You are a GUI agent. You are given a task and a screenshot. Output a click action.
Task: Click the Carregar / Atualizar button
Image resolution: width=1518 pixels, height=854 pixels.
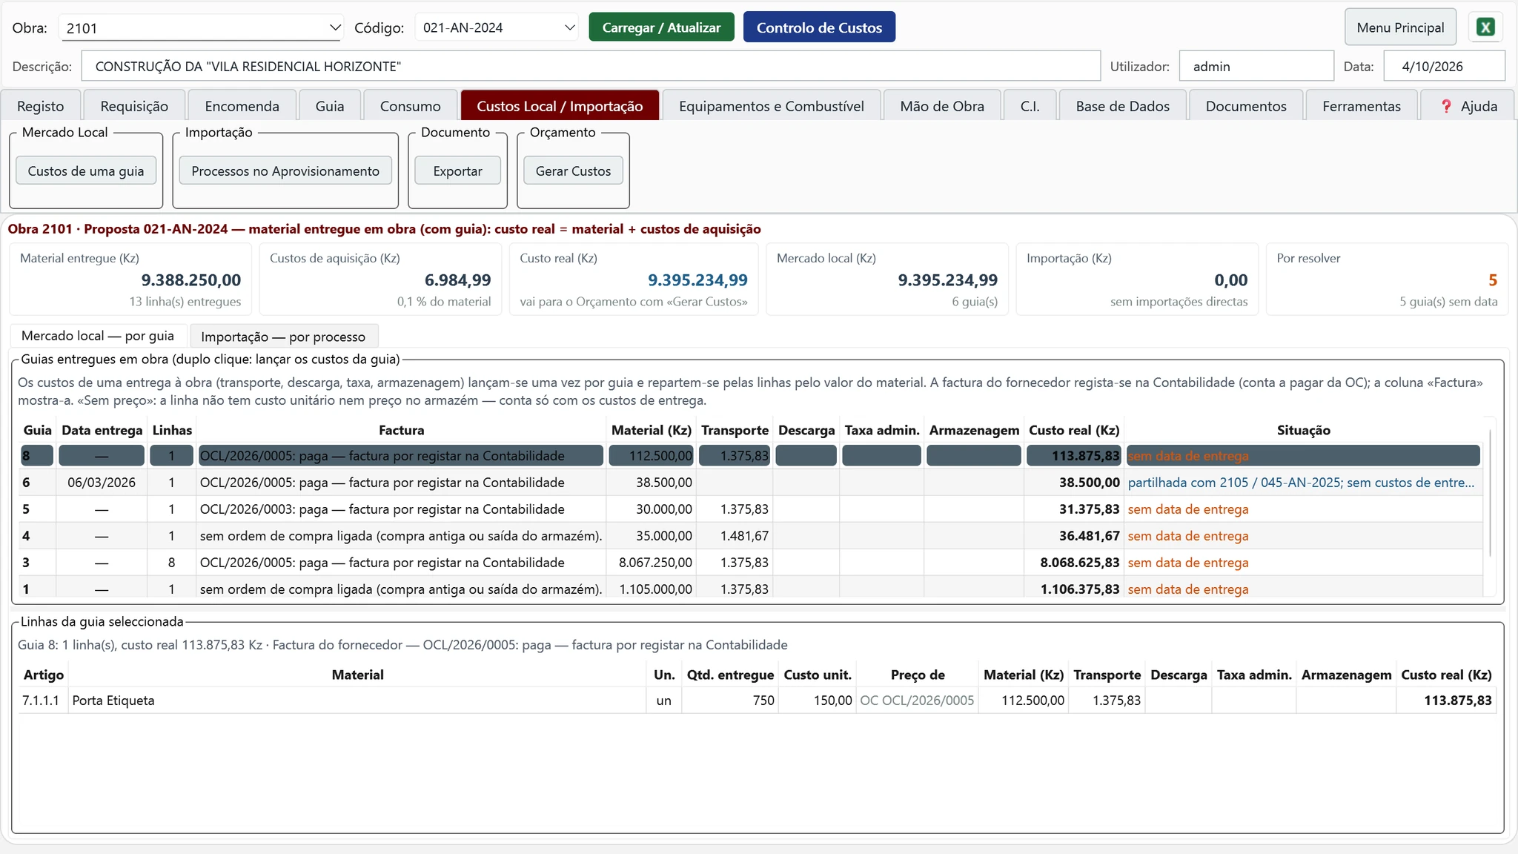point(661,27)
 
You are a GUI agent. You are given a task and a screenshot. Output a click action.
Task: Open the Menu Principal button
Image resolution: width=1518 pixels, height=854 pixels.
point(1400,27)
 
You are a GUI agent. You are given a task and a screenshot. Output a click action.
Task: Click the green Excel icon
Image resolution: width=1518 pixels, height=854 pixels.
point(1485,27)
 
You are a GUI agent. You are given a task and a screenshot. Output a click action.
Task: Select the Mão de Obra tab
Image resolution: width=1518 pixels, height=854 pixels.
point(942,106)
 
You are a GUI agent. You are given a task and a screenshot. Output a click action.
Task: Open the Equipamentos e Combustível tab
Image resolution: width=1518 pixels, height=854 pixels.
point(771,106)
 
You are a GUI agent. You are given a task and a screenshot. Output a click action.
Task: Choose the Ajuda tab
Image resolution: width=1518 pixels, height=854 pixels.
point(1468,106)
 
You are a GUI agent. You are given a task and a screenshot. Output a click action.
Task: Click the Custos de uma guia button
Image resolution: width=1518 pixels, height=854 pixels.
point(86,171)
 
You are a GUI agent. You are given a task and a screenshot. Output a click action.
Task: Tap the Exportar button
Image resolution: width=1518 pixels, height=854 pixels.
point(457,171)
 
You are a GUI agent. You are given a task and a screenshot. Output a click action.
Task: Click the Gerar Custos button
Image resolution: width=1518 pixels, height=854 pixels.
point(573,171)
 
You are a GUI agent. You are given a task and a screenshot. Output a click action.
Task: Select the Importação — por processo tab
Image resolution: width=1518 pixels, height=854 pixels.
point(283,337)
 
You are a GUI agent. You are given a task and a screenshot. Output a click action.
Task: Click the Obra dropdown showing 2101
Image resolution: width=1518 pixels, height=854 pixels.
point(200,28)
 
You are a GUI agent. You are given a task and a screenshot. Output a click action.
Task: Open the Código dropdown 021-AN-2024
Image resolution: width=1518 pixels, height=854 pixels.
point(496,27)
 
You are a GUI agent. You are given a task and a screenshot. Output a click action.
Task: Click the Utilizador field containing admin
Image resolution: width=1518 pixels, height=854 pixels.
point(1256,66)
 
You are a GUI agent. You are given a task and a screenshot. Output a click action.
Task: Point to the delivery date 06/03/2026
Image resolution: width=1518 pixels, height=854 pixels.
point(102,483)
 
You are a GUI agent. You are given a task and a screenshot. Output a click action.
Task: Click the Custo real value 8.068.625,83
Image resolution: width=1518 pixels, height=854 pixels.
point(1079,563)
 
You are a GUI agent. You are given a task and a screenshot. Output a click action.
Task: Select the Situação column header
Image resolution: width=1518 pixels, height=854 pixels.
point(1303,430)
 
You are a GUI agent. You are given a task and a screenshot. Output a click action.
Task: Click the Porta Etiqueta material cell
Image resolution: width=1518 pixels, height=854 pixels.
point(113,701)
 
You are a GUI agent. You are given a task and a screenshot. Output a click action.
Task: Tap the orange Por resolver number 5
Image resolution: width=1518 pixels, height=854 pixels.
point(1492,280)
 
